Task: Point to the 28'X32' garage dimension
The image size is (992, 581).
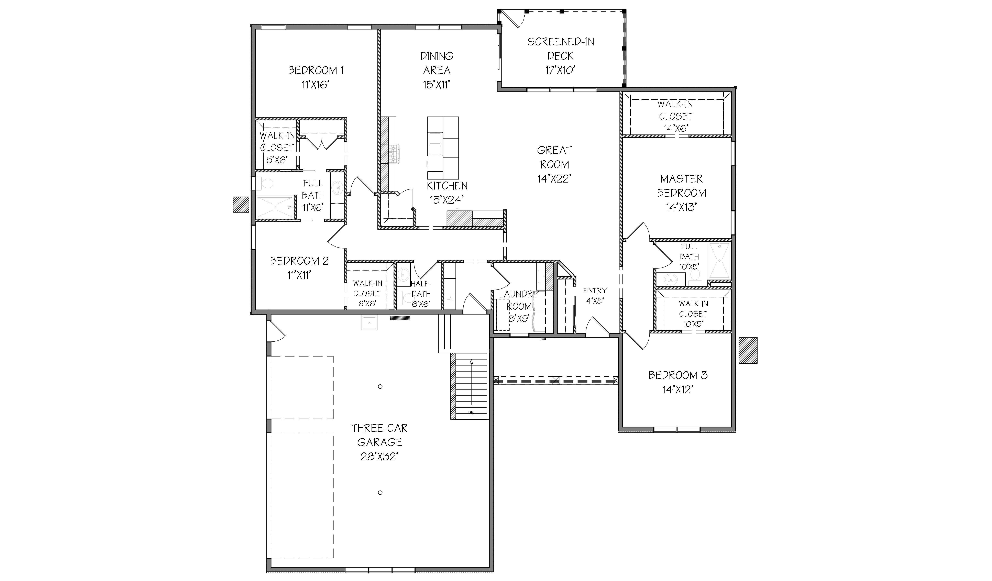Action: pyautogui.click(x=379, y=457)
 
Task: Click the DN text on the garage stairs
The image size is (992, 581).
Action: pyautogui.click(x=471, y=413)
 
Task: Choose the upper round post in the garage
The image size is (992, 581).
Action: pyautogui.click(x=380, y=386)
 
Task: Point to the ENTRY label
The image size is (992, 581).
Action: pyautogui.click(x=595, y=290)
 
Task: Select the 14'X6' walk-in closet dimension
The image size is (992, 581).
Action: pyautogui.click(x=675, y=128)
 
